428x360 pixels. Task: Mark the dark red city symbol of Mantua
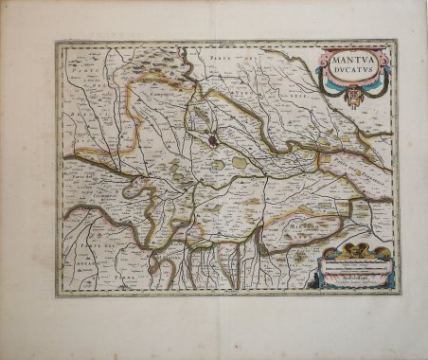click(215, 141)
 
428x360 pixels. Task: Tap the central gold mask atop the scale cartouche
click(357, 248)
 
